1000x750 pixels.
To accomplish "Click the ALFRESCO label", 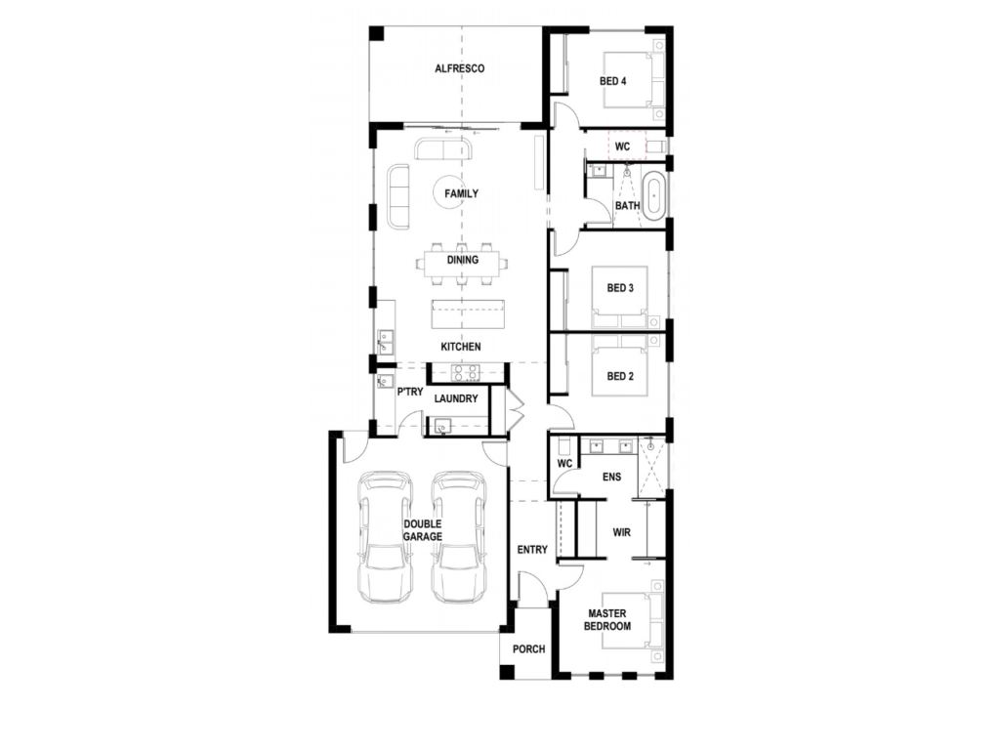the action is point(459,68).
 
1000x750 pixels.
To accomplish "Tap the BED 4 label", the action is point(612,81).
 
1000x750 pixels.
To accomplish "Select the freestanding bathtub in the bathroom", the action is point(653,195).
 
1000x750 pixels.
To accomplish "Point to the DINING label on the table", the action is point(462,260).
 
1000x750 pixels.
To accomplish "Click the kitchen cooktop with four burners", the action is point(466,372).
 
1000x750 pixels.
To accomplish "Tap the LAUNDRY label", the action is point(456,398).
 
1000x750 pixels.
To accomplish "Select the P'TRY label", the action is point(409,392).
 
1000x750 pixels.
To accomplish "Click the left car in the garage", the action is point(385,537).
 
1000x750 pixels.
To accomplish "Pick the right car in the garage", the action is point(459,537).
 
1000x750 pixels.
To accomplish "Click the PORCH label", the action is point(528,649).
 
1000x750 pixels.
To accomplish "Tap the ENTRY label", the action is point(532,550).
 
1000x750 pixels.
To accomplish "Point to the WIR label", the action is point(621,532).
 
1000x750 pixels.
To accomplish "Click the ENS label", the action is point(611,477).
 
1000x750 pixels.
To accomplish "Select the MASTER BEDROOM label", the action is point(607,620).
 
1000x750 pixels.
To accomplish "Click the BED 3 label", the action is point(620,288).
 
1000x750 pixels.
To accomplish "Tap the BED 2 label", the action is point(620,376).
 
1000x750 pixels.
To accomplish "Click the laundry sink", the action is point(442,426).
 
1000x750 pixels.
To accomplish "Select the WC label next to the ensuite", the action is point(564,464).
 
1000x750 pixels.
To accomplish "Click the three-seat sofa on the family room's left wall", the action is point(398,195).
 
